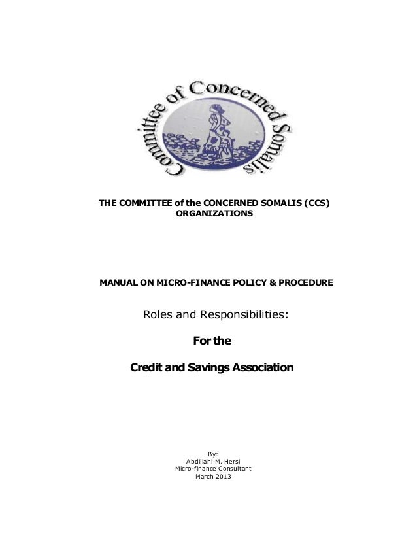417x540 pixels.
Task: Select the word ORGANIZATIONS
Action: click(213, 214)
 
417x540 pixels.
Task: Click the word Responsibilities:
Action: click(241, 315)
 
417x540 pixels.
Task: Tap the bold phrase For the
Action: click(213, 341)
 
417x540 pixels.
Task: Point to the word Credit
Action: click(148, 368)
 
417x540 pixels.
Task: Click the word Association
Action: click(262, 368)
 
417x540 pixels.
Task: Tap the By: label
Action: click(213, 454)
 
